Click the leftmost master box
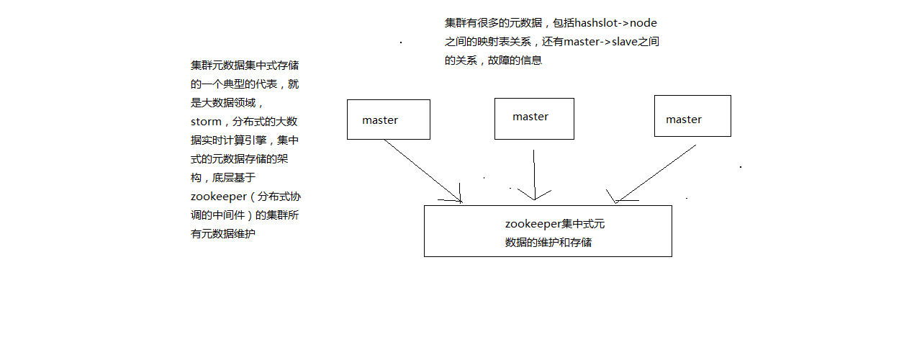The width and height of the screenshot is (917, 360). coord(388,120)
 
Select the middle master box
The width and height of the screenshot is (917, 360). coord(533,119)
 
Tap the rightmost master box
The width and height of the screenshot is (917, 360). coord(692,116)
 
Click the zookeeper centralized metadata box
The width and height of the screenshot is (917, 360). coord(547,231)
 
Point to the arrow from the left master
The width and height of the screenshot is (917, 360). coord(422,171)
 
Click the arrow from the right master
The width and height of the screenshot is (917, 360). coord(656,173)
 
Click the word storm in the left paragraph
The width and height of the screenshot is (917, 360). coord(206,122)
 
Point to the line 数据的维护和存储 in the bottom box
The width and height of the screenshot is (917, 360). coord(548,243)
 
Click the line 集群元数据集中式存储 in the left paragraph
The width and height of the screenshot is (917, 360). coord(245,66)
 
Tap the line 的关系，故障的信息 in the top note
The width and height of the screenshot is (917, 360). coord(493,60)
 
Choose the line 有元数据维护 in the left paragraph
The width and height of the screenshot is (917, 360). coord(223,233)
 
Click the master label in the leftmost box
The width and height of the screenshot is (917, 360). coord(380,120)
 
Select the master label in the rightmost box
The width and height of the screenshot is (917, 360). coord(684,120)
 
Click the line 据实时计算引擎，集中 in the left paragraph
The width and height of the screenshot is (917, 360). coord(245,140)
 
